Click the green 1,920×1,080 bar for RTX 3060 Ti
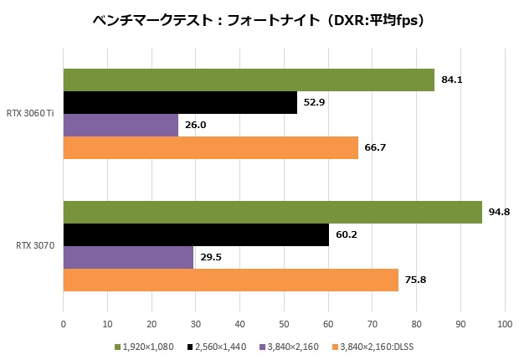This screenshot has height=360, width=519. pos(249,80)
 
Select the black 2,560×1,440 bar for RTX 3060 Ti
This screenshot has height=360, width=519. pos(180,102)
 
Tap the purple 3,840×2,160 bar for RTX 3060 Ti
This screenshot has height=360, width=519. pos(121,125)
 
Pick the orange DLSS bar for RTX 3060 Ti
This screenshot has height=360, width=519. pos(210,147)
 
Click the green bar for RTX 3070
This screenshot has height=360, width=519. pos(272,213)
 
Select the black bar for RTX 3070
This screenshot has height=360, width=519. pos(196,234)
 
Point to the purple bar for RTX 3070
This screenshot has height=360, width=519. pos(128,257)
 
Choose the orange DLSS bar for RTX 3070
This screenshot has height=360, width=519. pos(230,280)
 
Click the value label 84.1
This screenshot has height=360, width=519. pos(452,80)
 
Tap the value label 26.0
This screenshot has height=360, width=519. pos(196,126)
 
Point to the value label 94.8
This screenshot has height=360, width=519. pos(500,213)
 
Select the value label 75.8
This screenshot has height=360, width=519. pos(416,280)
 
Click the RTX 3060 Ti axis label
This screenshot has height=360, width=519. pos(32,113)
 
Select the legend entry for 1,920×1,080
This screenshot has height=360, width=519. pos(146,347)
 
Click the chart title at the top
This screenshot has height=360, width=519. pos(259,19)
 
